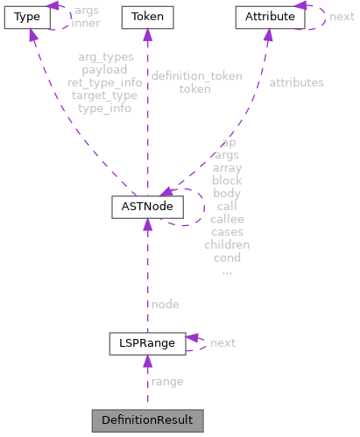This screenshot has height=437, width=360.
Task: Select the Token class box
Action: (x=147, y=16)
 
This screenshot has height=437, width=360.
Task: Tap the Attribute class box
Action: (x=269, y=16)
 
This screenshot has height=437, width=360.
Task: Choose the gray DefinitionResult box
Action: (x=147, y=419)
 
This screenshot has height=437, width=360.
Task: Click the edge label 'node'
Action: (x=165, y=304)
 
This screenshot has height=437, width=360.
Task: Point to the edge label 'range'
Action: (x=167, y=382)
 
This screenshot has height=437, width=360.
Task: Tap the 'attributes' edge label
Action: (x=296, y=82)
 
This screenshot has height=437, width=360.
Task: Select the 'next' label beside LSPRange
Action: (x=222, y=342)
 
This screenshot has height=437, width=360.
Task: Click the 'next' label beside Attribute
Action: (x=342, y=16)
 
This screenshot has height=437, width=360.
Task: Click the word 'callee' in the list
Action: (x=227, y=219)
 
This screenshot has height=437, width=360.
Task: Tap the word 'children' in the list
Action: (x=227, y=245)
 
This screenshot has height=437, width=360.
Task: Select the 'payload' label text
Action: (x=104, y=69)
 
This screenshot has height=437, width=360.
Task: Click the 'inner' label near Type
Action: (x=85, y=23)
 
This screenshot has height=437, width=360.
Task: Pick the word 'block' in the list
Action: (x=227, y=180)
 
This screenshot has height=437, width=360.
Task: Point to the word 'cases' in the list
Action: (x=227, y=232)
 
